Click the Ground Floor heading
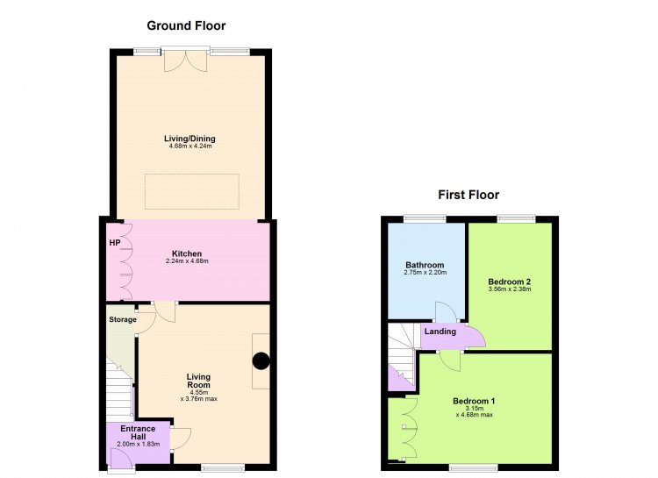click(186, 26)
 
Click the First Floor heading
click(468, 195)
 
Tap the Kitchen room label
click(187, 253)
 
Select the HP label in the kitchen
click(115, 243)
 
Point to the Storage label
click(123, 319)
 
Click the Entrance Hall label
click(138, 432)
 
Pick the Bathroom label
click(425, 265)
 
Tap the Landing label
click(440, 332)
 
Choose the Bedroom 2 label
click(510, 282)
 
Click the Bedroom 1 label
click(474, 401)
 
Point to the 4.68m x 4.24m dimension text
click(190, 146)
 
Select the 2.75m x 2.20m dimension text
click(426, 273)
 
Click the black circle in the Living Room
click(261, 361)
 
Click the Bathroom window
click(425, 218)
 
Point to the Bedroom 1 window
click(473, 467)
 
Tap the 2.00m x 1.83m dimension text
click(138, 444)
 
